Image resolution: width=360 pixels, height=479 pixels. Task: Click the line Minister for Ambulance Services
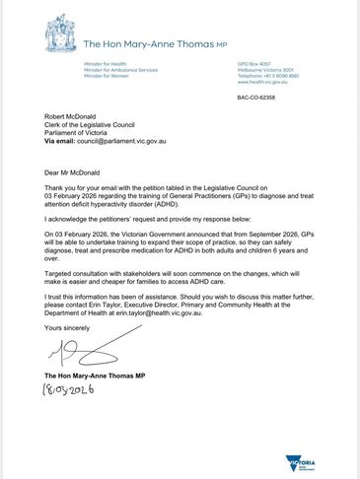point(120,70)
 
